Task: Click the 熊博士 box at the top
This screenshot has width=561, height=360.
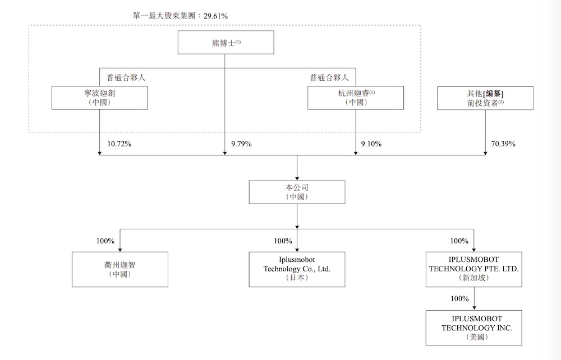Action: (x=226, y=42)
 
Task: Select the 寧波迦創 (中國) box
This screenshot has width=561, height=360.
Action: (x=99, y=98)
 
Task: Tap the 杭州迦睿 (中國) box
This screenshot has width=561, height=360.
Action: (x=355, y=98)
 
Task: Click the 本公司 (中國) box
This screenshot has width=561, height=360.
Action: (x=297, y=192)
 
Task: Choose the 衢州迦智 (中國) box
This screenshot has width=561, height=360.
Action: (x=120, y=269)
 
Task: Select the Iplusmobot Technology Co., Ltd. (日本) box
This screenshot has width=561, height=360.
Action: (x=297, y=269)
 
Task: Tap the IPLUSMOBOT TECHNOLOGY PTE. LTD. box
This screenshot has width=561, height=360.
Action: (x=473, y=269)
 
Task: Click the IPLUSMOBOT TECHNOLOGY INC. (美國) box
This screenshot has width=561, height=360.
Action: (x=473, y=327)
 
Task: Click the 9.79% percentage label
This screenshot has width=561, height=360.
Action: (x=241, y=144)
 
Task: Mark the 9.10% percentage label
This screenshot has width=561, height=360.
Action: (x=371, y=144)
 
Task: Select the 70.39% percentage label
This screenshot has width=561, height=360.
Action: (x=503, y=144)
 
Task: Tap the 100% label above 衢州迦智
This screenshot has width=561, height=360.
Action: (x=105, y=241)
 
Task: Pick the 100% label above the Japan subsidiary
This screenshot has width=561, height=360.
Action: (x=283, y=241)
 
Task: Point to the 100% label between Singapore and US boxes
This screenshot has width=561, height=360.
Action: (x=459, y=299)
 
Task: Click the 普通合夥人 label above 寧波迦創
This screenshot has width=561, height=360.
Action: (x=126, y=77)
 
